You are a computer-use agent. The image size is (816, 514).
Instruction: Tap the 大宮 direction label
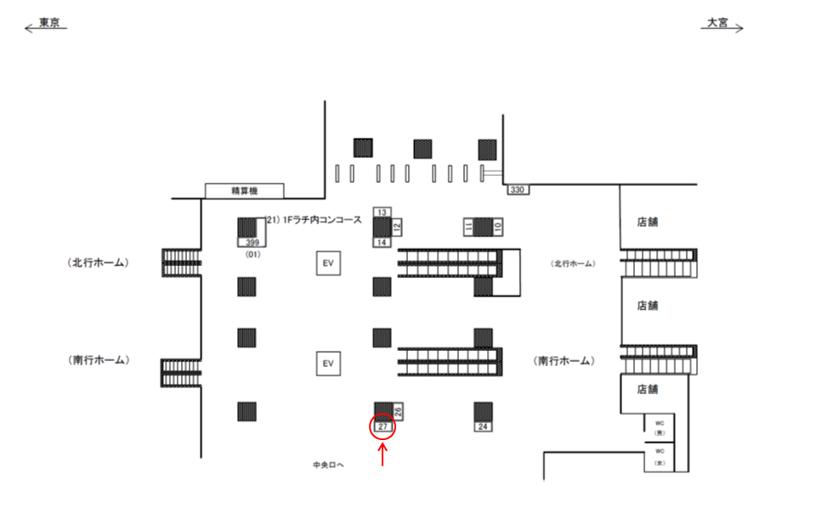[x=718, y=24]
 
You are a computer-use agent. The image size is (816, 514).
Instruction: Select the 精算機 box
[x=244, y=191]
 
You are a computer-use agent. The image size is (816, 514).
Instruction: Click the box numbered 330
[x=517, y=189]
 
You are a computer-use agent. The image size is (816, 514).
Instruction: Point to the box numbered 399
[x=252, y=242]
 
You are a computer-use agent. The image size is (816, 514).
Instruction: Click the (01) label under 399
[x=252, y=254]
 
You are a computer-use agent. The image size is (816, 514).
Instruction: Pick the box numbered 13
[x=382, y=212]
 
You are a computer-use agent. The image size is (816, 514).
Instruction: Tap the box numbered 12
[x=397, y=227]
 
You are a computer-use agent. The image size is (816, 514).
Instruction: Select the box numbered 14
[x=382, y=242]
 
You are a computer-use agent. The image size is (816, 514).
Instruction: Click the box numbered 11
[x=467, y=226]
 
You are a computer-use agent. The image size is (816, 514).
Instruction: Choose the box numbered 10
[x=498, y=226]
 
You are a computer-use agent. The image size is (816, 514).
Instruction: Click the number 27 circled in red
[x=382, y=426]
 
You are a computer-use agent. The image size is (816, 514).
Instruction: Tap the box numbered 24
[x=483, y=426]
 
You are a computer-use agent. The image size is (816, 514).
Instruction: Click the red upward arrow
[x=382, y=456]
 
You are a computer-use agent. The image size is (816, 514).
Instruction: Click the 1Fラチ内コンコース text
[x=314, y=219]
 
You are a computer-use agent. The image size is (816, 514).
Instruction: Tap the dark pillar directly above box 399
[x=246, y=227]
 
